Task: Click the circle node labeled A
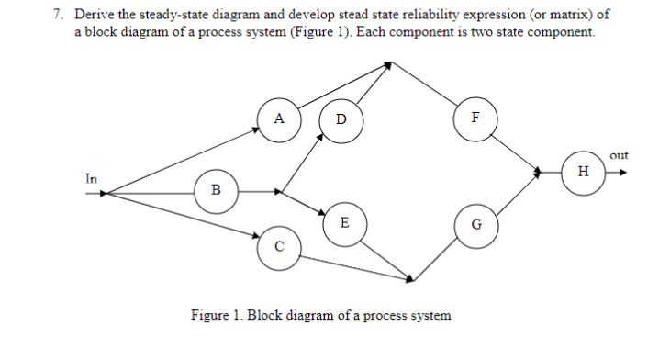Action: click(x=278, y=118)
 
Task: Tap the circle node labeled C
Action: click(x=278, y=245)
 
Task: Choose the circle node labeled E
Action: click(x=343, y=223)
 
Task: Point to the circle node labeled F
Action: click(x=475, y=118)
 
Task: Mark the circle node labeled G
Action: click(x=475, y=224)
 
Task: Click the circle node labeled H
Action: click(x=582, y=171)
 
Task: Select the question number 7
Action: click(x=57, y=16)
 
